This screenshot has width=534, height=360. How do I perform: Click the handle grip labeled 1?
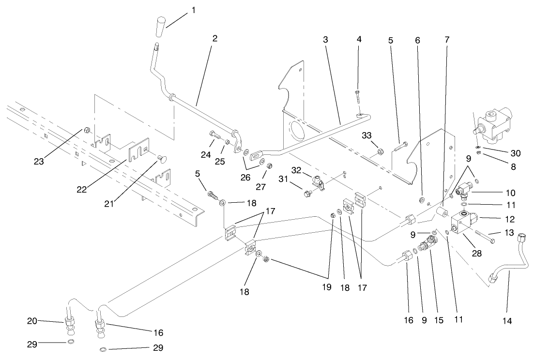pos(161,27)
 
